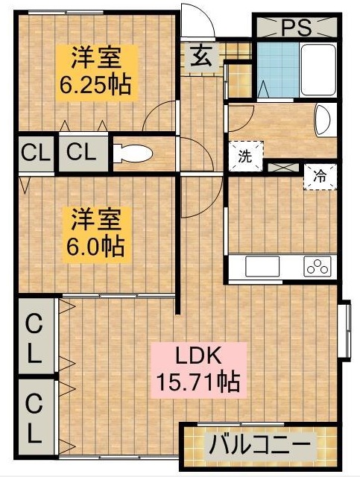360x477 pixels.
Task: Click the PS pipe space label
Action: click(297, 28)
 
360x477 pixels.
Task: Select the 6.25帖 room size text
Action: click(95, 84)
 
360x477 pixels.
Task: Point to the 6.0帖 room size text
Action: click(95, 247)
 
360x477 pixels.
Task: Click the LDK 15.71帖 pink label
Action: click(199, 370)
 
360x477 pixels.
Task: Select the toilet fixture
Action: click(133, 153)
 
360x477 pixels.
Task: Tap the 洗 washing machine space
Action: click(246, 156)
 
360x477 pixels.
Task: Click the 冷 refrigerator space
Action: click(320, 177)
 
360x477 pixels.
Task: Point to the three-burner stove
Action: click(318, 266)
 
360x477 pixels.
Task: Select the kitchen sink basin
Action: click(262, 266)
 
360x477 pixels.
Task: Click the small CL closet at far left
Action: click(36, 154)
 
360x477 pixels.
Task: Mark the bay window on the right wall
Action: click(344, 331)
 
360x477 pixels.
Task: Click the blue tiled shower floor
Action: click(278, 69)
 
